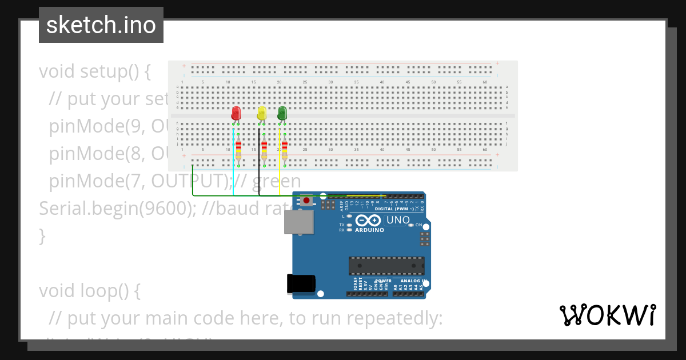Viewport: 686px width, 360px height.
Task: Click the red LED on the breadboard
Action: [x=236, y=113]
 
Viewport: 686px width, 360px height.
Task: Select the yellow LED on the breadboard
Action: [x=262, y=113]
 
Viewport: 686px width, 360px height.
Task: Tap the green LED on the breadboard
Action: [x=282, y=113]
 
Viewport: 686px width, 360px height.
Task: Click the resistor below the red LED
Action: [x=238, y=150]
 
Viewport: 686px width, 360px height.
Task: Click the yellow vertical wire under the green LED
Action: [x=279, y=171]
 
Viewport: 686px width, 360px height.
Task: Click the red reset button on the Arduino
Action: [x=307, y=201]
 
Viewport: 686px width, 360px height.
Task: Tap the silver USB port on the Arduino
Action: [x=299, y=222]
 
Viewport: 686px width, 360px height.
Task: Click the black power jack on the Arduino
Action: [x=301, y=283]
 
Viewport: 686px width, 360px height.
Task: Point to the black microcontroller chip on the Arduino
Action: [x=386, y=266]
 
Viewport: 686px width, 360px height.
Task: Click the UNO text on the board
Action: [x=398, y=220]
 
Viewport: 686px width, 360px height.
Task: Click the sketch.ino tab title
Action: [x=101, y=25]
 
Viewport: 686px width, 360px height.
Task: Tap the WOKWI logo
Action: [x=607, y=315]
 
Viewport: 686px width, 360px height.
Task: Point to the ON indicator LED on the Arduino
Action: [x=411, y=225]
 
